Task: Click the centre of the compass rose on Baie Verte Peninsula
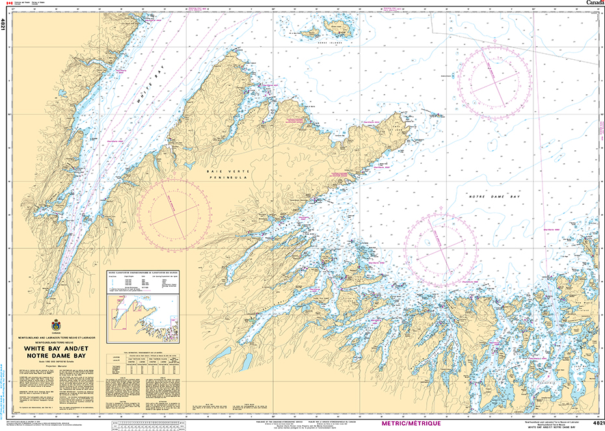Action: click(174, 209)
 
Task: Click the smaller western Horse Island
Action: click(309, 31)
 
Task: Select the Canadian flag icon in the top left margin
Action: click(9, 3)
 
